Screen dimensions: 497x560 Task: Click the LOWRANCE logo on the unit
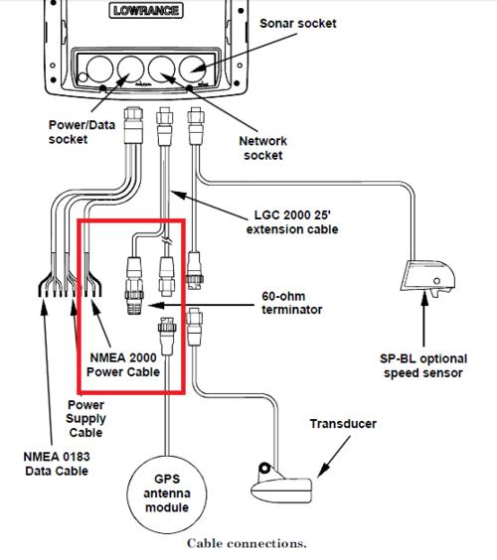tap(146, 10)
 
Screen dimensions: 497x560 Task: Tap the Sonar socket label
tap(298, 23)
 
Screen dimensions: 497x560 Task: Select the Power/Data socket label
tap(82, 132)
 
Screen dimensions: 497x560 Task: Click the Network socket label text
tap(262, 148)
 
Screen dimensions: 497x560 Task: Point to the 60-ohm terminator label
tap(292, 303)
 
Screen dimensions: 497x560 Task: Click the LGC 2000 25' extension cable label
tap(292, 221)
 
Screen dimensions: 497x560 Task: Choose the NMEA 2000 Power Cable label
tap(123, 364)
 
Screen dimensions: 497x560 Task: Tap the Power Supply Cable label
tap(85, 419)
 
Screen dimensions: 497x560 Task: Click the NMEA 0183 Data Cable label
tap(57, 464)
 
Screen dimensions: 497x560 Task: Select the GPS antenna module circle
tap(167, 494)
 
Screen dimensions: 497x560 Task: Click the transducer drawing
tap(281, 484)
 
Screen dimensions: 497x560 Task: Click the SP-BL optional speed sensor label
tap(423, 365)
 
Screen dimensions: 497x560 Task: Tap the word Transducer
tap(343, 424)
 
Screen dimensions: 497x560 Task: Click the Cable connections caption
tap(247, 543)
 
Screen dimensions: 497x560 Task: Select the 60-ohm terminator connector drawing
tap(134, 286)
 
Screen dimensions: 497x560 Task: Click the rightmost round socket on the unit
tap(193, 69)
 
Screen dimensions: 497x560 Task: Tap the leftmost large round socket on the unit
tap(99, 69)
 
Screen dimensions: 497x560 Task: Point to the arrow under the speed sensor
tap(424, 319)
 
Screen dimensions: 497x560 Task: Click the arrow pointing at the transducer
tap(334, 456)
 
